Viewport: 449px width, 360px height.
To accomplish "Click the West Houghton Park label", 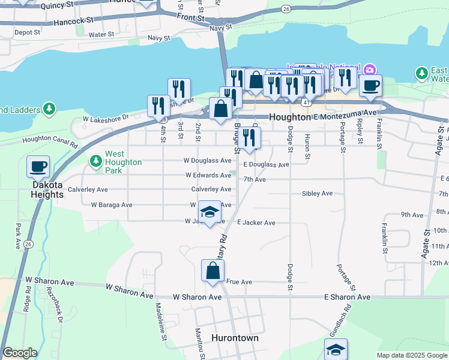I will point(123,162).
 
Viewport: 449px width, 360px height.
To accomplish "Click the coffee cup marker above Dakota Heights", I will point(38,166).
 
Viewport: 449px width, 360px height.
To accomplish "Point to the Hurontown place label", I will point(235,338).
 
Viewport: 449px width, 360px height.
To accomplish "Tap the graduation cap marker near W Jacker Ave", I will point(209,212).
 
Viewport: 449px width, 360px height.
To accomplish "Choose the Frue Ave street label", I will point(239,281).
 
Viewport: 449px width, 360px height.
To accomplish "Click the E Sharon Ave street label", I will point(347,297).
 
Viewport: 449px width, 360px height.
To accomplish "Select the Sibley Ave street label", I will point(318,194).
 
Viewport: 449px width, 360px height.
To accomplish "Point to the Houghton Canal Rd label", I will point(50,140).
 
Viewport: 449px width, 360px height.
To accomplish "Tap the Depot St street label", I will point(26,32).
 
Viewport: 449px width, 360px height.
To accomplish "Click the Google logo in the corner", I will point(20,353).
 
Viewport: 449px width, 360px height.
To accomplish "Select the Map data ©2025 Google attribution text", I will point(411,355).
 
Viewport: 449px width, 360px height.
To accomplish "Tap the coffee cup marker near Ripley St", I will point(370,85).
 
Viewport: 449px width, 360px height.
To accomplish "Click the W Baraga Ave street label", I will point(112,205).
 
